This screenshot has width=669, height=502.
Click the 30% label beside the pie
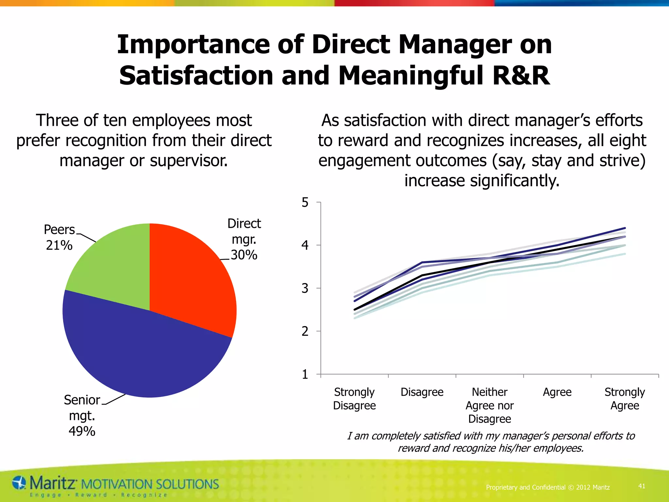click(244, 255)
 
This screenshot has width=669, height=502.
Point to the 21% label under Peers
click(59, 245)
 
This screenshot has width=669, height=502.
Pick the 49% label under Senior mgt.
click(82, 431)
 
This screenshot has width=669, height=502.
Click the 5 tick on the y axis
click(305, 203)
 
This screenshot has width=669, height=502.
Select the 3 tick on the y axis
click(305, 288)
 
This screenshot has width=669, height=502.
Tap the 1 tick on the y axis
click(305, 374)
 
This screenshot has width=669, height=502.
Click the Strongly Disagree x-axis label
click(354, 398)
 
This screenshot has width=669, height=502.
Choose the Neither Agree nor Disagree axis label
click(489, 405)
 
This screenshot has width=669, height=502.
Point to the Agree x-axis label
click(557, 392)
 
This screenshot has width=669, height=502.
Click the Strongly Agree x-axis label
click(625, 398)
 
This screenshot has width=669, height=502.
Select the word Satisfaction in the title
click(196, 76)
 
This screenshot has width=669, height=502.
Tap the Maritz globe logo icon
click(19, 483)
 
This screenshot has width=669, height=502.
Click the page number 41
click(642, 486)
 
